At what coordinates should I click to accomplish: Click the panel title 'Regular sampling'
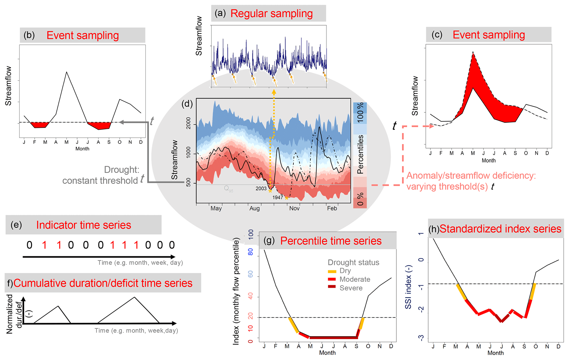click(x=271, y=13)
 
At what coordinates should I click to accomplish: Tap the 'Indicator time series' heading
click(x=83, y=225)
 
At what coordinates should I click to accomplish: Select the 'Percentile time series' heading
click(x=331, y=241)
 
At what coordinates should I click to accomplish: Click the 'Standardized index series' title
click(x=500, y=229)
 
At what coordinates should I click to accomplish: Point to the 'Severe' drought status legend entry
click(x=351, y=288)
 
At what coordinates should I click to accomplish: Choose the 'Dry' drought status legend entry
click(x=345, y=271)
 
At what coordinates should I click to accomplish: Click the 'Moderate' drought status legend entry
click(x=355, y=279)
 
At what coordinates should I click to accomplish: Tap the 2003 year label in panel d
click(x=261, y=189)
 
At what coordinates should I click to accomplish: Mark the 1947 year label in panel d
click(x=278, y=197)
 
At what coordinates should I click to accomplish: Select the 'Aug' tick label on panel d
click(x=255, y=209)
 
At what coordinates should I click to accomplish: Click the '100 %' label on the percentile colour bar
click(x=360, y=113)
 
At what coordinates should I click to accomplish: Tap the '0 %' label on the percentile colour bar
click(x=360, y=199)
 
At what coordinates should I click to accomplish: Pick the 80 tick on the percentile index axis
click(x=251, y=252)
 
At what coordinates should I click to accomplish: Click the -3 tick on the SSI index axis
click(x=421, y=338)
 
